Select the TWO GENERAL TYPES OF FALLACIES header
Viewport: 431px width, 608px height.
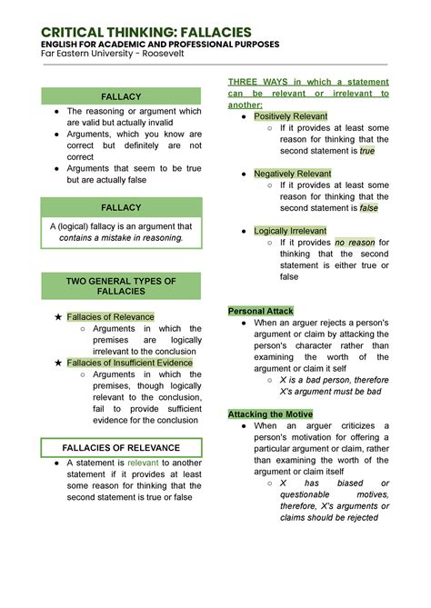pos(121,287)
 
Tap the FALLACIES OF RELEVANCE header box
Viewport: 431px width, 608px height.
pos(121,448)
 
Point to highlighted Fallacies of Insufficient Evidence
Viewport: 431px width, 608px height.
pos(130,363)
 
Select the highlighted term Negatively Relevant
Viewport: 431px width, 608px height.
pos(293,174)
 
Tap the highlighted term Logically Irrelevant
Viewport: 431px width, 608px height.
pos(291,231)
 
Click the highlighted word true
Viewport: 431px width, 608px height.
pos(366,151)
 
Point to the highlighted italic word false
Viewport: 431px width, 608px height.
pos(368,208)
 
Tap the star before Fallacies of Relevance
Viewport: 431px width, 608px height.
pos(58,316)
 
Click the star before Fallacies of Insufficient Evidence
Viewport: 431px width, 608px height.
pos(58,363)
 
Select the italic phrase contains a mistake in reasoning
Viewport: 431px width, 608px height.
pos(121,238)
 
